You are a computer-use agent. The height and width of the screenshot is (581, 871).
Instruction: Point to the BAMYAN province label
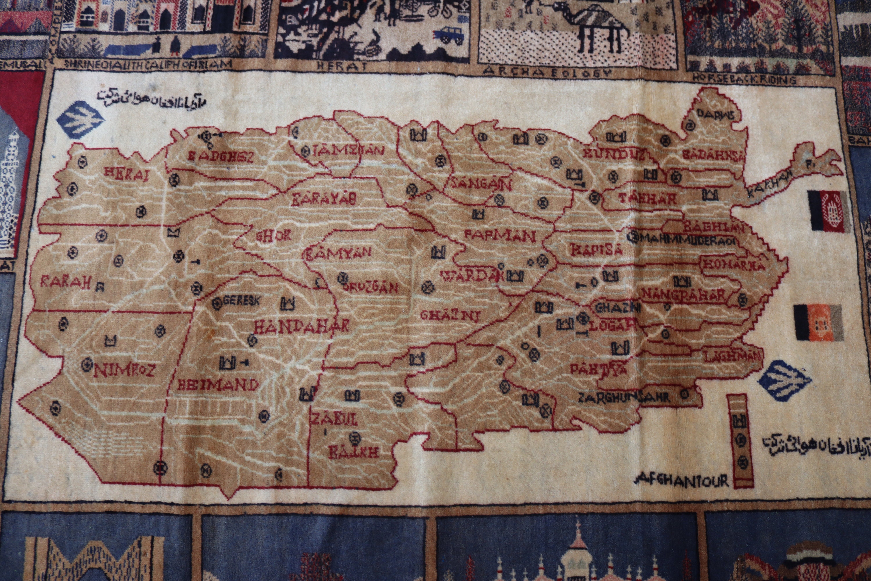337,253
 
